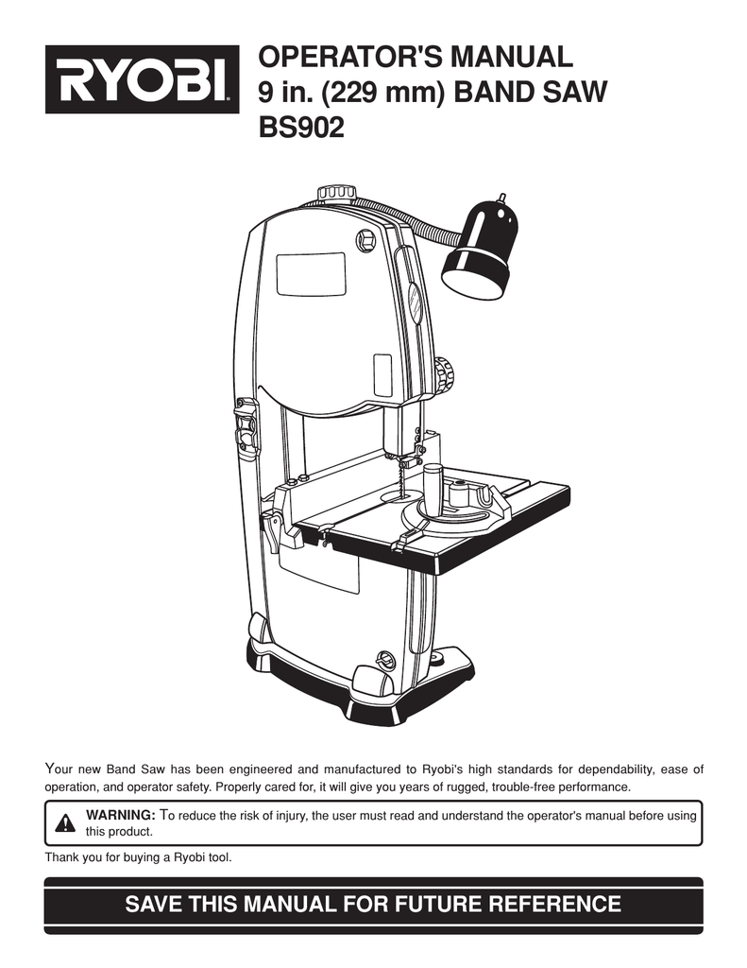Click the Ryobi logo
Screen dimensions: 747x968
142,79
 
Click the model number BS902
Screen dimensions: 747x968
301,128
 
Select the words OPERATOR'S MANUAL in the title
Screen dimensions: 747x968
416,57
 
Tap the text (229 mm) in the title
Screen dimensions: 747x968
382,93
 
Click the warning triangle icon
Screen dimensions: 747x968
65,823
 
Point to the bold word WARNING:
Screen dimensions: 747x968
120,815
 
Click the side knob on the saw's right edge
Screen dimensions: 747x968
444,374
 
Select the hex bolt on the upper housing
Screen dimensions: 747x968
365,239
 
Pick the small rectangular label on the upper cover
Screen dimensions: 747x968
383,375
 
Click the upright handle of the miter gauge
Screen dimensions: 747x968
433,487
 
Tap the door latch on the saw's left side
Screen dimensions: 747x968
246,426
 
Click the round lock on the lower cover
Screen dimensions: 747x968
384,661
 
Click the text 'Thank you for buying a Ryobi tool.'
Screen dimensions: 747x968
138,857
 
